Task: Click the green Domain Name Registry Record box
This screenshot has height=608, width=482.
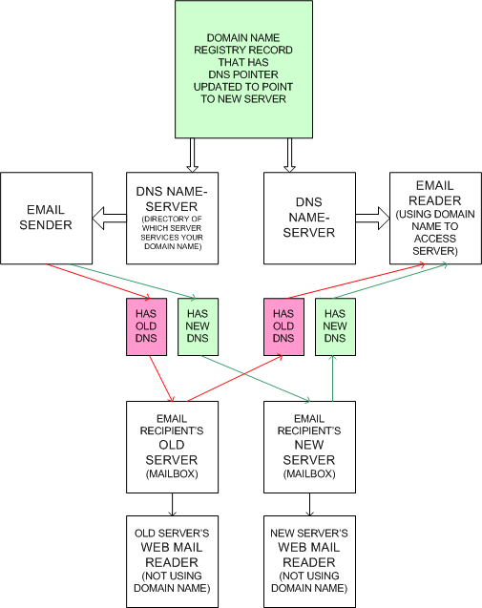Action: tap(243, 69)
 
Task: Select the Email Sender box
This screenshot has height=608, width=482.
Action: tap(46, 219)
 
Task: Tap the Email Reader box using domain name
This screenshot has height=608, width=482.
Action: tap(435, 219)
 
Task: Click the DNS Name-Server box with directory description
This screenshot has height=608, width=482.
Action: tap(172, 219)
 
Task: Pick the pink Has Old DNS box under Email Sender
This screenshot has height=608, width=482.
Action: tap(147, 326)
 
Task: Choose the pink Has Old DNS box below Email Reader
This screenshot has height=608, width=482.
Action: tap(283, 326)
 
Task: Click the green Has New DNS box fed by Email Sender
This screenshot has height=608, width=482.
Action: tap(198, 326)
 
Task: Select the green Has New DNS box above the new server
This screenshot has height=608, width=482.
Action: tap(335, 326)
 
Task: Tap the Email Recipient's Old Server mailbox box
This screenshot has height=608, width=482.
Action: tap(172, 447)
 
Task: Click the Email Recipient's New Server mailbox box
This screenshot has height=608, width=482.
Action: tap(309, 447)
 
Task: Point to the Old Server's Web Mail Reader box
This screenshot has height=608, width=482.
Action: tap(172, 561)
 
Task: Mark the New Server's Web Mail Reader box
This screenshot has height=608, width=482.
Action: tap(309, 561)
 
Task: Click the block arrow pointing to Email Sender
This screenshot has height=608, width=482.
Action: tap(110, 219)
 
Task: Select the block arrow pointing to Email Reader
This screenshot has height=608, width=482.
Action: tap(372, 219)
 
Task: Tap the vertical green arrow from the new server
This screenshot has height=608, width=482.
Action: tap(332, 378)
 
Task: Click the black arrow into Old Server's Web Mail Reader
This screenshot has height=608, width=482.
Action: tap(172, 505)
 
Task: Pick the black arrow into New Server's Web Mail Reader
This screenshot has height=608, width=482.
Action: tap(309, 505)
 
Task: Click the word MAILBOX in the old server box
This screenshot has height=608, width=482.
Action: tap(172, 473)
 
